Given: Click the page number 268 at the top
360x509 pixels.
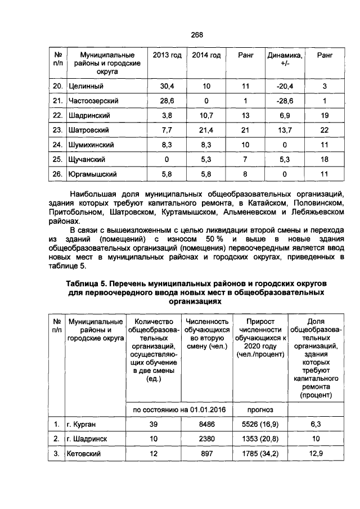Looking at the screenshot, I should pyautogui.click(x=196, y=35).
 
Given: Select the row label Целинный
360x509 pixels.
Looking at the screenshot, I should pyautogui.click(x=85, y=86).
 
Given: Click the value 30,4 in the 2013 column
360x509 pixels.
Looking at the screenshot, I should pyautogui.click(x=167, y=86).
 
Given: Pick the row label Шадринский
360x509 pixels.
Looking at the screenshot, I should pyautogui.click(x=89, y=115).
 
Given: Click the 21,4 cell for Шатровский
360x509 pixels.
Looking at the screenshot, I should pyautogui.click(x=206, y=130).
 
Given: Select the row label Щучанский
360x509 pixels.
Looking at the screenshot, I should pyautogui.click(x=87, y=159).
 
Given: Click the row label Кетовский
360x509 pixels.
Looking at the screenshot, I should pyautogui.click(x=83, y=453).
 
